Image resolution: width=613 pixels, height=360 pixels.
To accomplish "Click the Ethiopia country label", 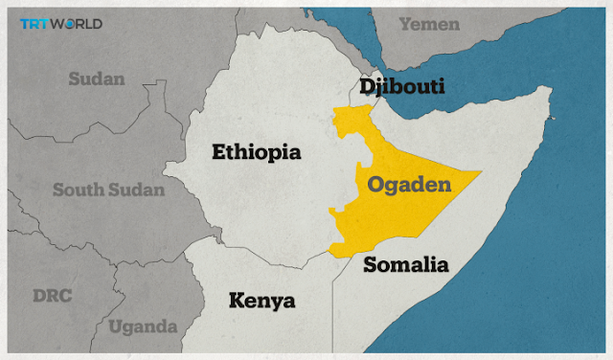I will tap(256, 152).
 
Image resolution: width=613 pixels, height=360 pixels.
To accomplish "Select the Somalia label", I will tap(406, 264).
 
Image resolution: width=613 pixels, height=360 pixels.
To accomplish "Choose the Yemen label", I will tap(429, 24).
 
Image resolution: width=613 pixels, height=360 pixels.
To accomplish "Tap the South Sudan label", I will tap(108, 190).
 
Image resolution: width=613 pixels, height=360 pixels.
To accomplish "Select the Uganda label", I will tap(144, 327).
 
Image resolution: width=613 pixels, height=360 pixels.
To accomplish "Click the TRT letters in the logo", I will tap(34, 23).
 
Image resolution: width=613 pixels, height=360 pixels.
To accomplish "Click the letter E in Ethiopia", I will tap(217, 152).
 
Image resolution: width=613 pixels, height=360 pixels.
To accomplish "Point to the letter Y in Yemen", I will tap(405, 24).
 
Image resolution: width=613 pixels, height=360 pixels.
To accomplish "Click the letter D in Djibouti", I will tap(367, 87).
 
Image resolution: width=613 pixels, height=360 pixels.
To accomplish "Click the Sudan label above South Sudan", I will tap(96, 79).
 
